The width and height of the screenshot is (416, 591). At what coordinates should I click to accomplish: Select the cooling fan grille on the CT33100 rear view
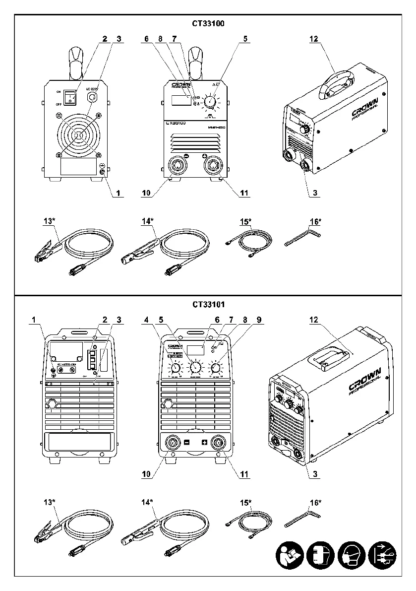(x=79, y=133)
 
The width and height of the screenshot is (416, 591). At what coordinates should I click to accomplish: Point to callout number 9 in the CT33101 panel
(x=244, y=320)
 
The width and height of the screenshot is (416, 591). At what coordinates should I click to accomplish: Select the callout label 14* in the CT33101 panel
(x=147, y=502)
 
